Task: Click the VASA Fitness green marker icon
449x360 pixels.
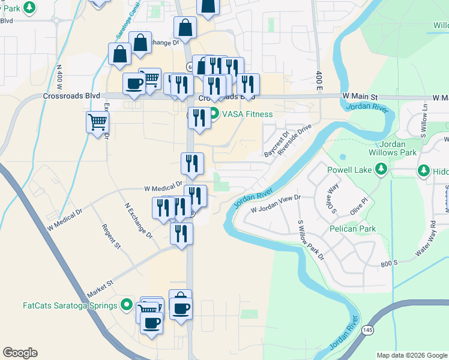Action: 214,114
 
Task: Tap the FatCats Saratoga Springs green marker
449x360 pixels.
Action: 126,305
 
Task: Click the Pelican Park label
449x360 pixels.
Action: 352,229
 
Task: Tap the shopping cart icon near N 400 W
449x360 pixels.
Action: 97,123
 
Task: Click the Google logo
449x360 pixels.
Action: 20,353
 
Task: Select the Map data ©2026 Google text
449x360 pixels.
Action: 412,355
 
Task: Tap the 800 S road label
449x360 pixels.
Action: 389,262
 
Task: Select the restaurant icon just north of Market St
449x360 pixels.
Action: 181,233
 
